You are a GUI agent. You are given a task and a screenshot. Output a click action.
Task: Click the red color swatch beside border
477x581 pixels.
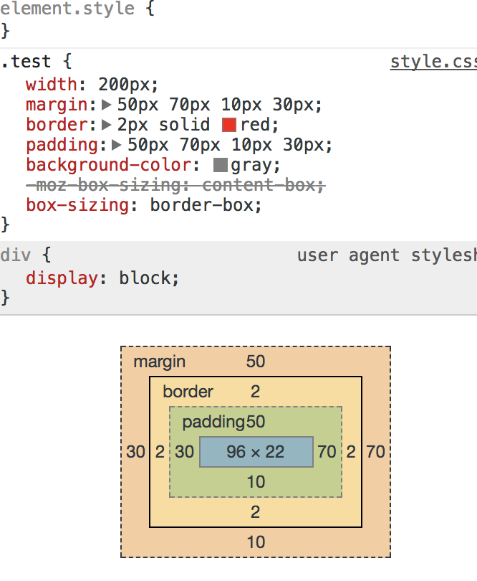tap(229, 125)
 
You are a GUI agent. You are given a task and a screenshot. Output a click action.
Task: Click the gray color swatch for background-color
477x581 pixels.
tap(221, 166)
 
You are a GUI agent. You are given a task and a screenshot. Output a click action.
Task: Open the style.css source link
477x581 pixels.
tap(433, 62)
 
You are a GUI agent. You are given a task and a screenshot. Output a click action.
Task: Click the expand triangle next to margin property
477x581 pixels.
tap(107, 105)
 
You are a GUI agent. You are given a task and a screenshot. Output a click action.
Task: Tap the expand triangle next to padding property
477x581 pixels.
tap(117, 146)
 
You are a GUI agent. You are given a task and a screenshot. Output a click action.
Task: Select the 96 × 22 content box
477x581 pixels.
tap(256, 452)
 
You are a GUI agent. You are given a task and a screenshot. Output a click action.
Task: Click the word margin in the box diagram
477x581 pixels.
tap(159, 362)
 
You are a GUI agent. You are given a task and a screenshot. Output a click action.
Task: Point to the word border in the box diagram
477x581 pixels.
tap(188, 392)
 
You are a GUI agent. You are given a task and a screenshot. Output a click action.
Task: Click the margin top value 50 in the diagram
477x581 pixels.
tap(256, 362)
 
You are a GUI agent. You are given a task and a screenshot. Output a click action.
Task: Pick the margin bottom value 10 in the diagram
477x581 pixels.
tap(256, 542)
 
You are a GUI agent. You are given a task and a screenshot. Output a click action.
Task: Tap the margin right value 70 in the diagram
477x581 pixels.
tap(375, 452)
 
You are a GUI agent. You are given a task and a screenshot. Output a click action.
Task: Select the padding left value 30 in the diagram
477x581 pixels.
tap(185, 452)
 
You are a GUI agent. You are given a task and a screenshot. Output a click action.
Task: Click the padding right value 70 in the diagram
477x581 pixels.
tap(327, 452)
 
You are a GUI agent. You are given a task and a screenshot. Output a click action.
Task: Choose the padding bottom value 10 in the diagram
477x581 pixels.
tap(256, 482)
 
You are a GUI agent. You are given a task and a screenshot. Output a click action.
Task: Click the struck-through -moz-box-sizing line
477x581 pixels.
tap(175, 186)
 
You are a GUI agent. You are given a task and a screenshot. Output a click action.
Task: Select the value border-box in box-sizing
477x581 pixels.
tap(201, 205)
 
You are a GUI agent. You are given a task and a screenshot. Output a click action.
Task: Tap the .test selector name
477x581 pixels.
tap(26, 62)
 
